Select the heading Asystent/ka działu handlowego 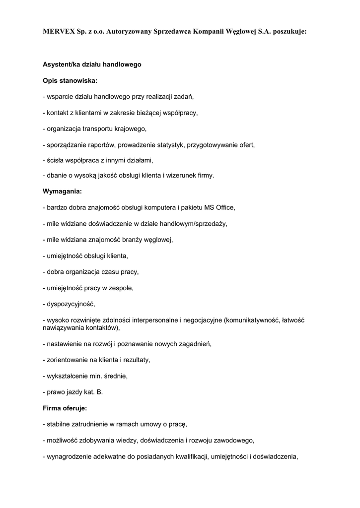92,64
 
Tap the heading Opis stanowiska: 70,80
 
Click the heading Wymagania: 62,190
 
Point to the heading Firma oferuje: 65,408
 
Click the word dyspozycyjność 70,304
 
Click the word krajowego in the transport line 131,129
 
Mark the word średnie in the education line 116,376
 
